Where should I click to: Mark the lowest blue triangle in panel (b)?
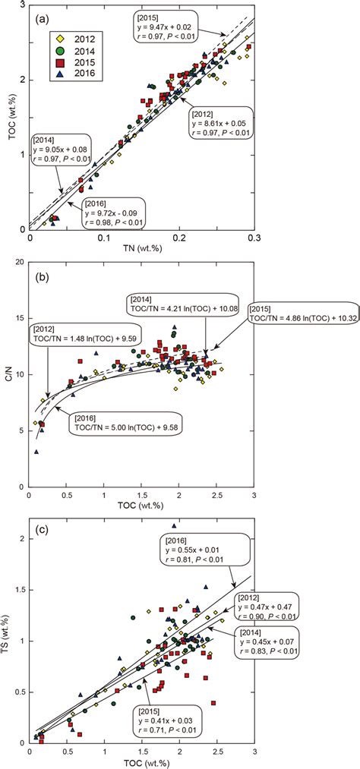36,452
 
